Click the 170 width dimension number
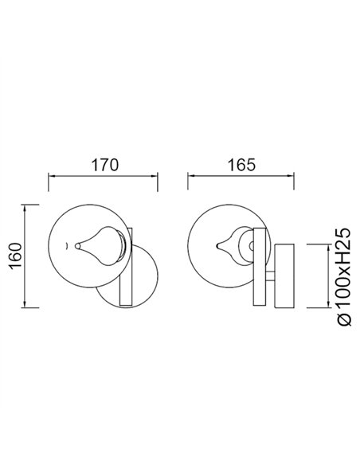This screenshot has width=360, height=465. point(104,166)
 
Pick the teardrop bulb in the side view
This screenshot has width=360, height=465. point(238,242)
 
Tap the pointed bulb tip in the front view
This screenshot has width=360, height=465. point(77,245)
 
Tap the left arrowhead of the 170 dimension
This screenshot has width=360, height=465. point(51,177)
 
